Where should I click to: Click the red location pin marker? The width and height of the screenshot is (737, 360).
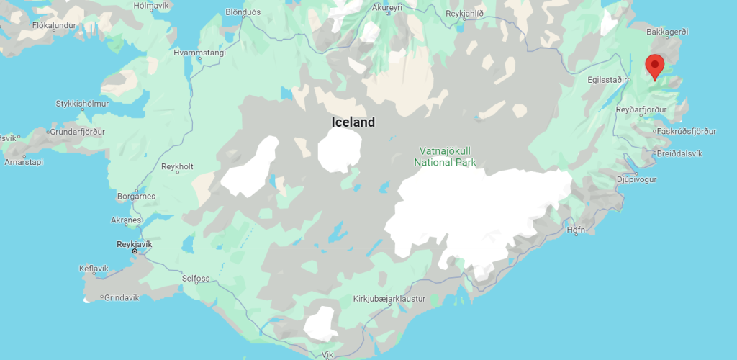coord(654,66)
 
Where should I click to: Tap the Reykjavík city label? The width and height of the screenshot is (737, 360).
coord(135,244)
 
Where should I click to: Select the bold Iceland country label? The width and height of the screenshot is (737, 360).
coord(353,122)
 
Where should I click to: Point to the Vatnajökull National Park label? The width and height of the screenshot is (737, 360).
coord(445,157)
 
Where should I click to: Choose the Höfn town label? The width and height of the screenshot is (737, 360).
coord(576,230)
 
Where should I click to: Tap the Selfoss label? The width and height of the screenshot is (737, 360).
coord(196,278)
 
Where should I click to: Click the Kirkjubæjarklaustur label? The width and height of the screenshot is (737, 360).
coord(389,298)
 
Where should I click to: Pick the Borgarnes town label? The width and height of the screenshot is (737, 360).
coord(135,196)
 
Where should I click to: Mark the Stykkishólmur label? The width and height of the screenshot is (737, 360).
coord(82,104)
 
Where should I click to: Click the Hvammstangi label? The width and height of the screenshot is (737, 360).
coord(199,53)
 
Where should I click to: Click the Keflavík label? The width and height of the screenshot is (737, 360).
coord(94,269)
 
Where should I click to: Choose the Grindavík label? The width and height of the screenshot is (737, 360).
coord(124,297)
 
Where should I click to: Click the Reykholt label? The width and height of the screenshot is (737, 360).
coord(177,166)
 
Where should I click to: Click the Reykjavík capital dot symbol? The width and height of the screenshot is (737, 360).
coord(135,252)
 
